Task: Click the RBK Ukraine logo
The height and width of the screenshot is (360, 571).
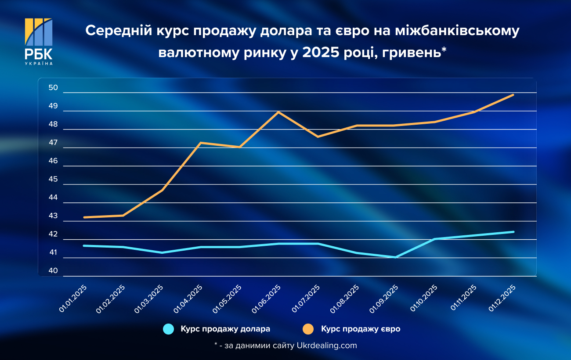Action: click(39, 41)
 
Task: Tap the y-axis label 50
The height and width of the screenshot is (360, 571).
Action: click(53, 88)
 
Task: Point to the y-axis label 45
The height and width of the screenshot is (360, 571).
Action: click(53, 179)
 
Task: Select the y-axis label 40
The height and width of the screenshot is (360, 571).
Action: click(53, 271)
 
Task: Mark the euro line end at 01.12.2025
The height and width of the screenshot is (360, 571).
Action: click(513, 95)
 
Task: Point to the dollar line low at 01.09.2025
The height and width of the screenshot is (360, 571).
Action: click(395, 257)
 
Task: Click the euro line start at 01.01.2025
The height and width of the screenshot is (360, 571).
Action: click(84, 217)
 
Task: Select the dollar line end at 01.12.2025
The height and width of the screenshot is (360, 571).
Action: click(513, 232)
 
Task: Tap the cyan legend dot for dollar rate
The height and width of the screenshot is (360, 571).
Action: click(169, 329)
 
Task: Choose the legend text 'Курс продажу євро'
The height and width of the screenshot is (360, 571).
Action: click(361, 329)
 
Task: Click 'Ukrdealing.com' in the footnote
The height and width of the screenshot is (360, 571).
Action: click(327, 346)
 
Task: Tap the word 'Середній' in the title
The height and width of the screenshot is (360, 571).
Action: click(113, 31)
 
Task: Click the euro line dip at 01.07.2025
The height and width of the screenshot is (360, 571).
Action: click(318, 137)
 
